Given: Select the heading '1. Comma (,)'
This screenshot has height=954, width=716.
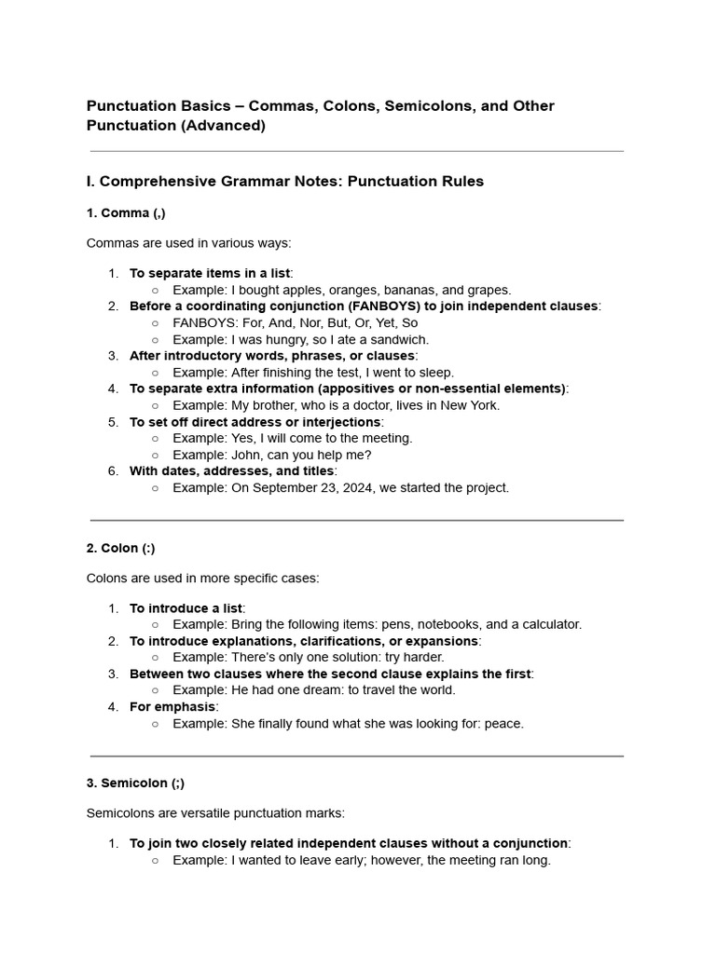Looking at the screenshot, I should coord(126,213).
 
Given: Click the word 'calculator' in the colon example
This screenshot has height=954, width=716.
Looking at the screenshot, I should coord(549,624).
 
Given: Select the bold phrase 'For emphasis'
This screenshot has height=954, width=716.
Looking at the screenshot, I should coord(172,706).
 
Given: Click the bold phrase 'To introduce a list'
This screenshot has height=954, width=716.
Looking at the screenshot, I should coord(186,608).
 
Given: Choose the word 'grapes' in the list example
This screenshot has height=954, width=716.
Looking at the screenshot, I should coord(489,290).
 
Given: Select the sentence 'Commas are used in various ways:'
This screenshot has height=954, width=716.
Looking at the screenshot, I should coord(189,243).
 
